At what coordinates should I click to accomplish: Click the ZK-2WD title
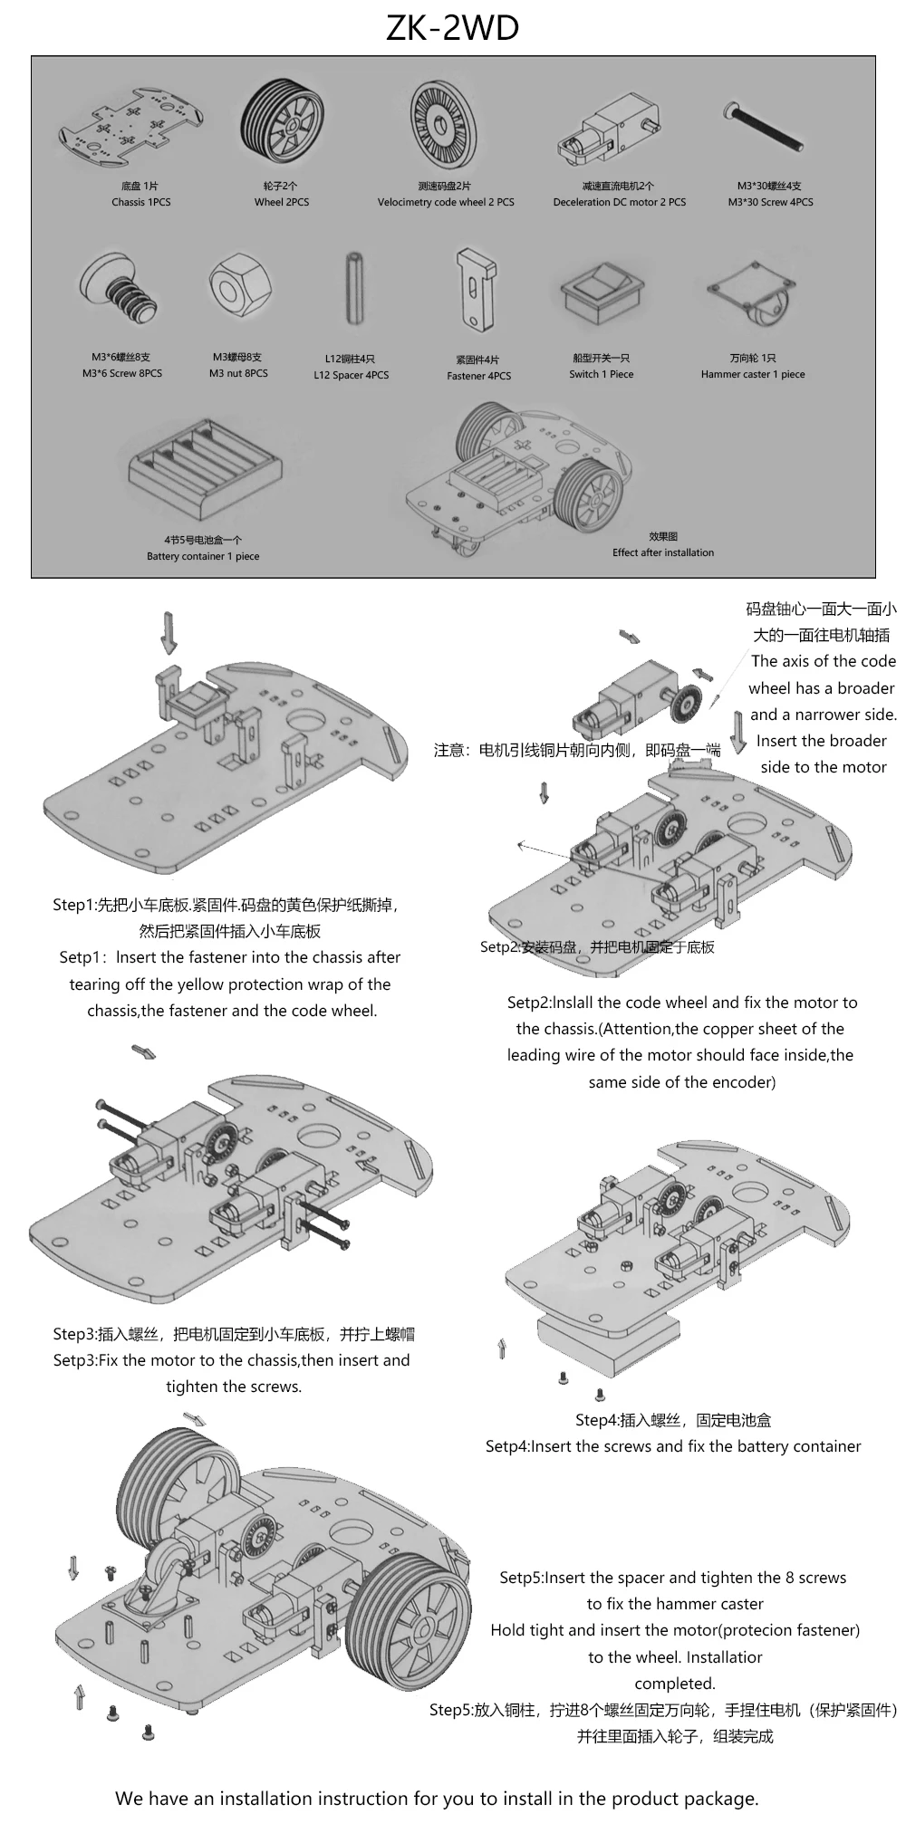tap(452, 29)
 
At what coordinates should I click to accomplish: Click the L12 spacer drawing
tap(352, 292)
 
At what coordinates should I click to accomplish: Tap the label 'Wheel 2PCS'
tap(281, 202)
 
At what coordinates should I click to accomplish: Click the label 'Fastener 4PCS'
tap(478, 376)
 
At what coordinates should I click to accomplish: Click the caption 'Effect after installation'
tap(662, 552)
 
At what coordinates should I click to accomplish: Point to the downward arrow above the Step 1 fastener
tap(169, 631)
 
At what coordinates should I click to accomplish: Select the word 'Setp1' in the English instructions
tap(82, 957)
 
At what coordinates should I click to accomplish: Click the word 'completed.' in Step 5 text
tap(674, 1684)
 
